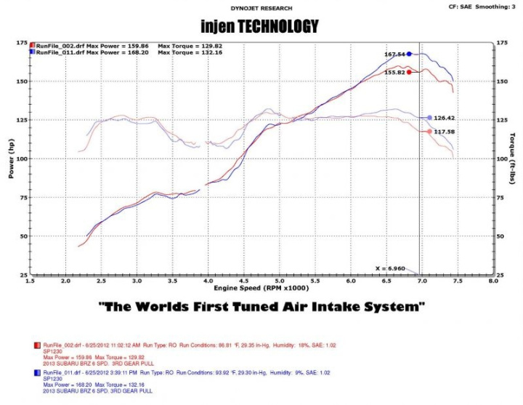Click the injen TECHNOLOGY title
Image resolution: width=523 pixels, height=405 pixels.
[261, 27]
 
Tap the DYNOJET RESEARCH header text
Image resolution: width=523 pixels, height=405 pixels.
[261, 8]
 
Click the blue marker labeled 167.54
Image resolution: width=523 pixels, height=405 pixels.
[409, 54]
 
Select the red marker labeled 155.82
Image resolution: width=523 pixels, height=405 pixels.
[409, 72]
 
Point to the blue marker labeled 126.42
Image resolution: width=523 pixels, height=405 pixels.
[430, 118]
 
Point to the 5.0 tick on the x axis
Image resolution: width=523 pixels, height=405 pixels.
[279, 280]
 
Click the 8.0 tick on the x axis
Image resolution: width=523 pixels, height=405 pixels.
[493, 280]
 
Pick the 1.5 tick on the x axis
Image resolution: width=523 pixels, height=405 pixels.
[31, 280]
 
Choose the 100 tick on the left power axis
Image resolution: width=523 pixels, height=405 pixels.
[22, 159]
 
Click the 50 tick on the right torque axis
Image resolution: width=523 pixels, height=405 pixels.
[500, 236]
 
